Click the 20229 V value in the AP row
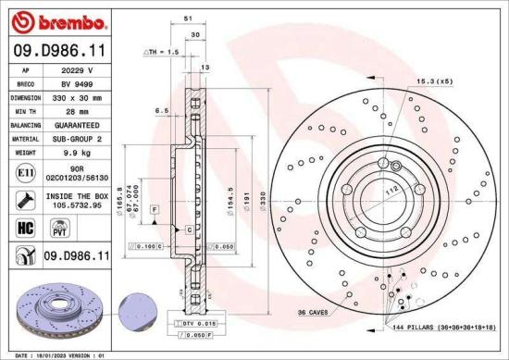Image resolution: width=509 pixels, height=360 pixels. [79, 68]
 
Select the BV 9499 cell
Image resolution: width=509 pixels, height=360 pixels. [79, 82]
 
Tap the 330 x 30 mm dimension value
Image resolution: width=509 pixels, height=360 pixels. [79, 96]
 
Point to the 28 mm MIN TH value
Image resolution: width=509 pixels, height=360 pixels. [79, 110]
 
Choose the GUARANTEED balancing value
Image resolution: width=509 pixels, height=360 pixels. [79, 124]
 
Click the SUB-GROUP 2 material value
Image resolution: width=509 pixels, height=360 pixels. [79, 138]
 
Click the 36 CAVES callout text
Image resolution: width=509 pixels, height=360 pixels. [317, 314]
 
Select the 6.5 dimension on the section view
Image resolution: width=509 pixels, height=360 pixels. [161, 110]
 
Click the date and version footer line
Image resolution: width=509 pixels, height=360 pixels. [68, 354]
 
